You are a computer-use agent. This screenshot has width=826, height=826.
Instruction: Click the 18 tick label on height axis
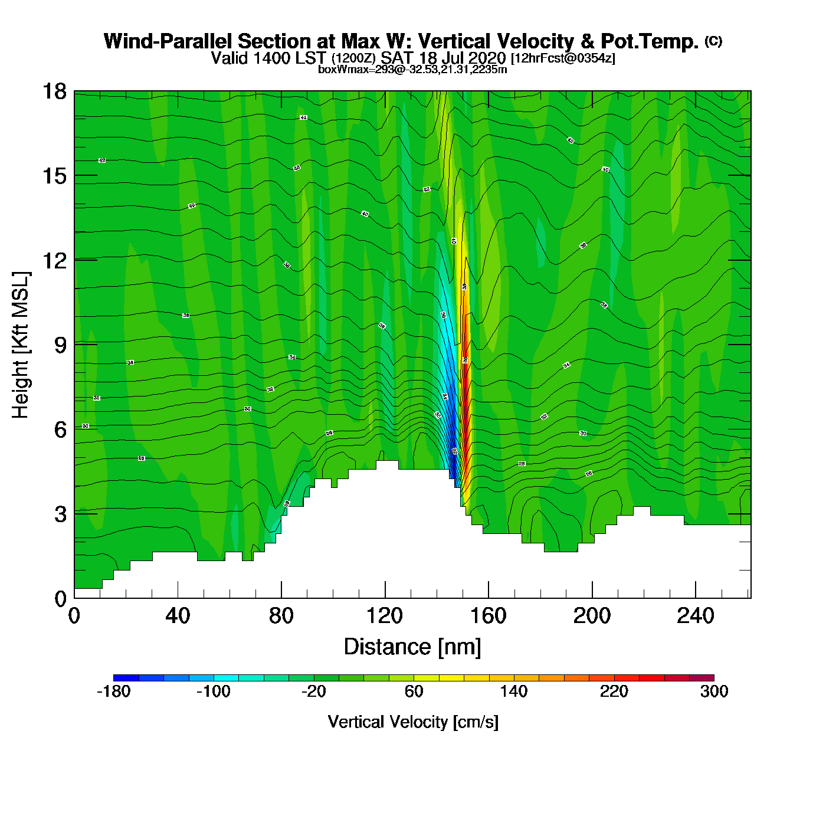pyautogui.click(x=54, y=91)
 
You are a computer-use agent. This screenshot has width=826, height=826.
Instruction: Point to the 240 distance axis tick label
pyautogui.click(x=696, y=616)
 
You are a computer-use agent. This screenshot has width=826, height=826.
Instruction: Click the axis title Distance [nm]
pyautogui.click(x=412, y=647)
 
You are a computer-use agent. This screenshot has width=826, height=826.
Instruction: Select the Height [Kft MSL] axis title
pyautogui.click(x=21, y=345)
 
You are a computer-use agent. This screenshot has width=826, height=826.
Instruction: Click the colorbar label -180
pyautogui.click(x=113, y=691)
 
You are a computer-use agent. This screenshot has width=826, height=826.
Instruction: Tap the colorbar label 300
pyautogui.click(x=714, y=691)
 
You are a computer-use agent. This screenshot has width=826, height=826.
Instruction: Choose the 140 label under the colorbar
pyautogui.click(x=514, y=691)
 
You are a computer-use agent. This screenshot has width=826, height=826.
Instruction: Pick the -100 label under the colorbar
pyautogui.click(x=213, y=691)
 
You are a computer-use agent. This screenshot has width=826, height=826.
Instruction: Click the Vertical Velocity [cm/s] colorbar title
pyautogui.click(x=413, y=722)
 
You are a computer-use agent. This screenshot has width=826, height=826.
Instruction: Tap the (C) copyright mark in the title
pyautogui.click(x=713, y=41)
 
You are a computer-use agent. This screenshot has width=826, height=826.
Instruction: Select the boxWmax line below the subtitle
pyautogui.click(x=412, y=69)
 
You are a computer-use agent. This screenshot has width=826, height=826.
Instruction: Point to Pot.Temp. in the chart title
pyautogui.click(x=650, y=41)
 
